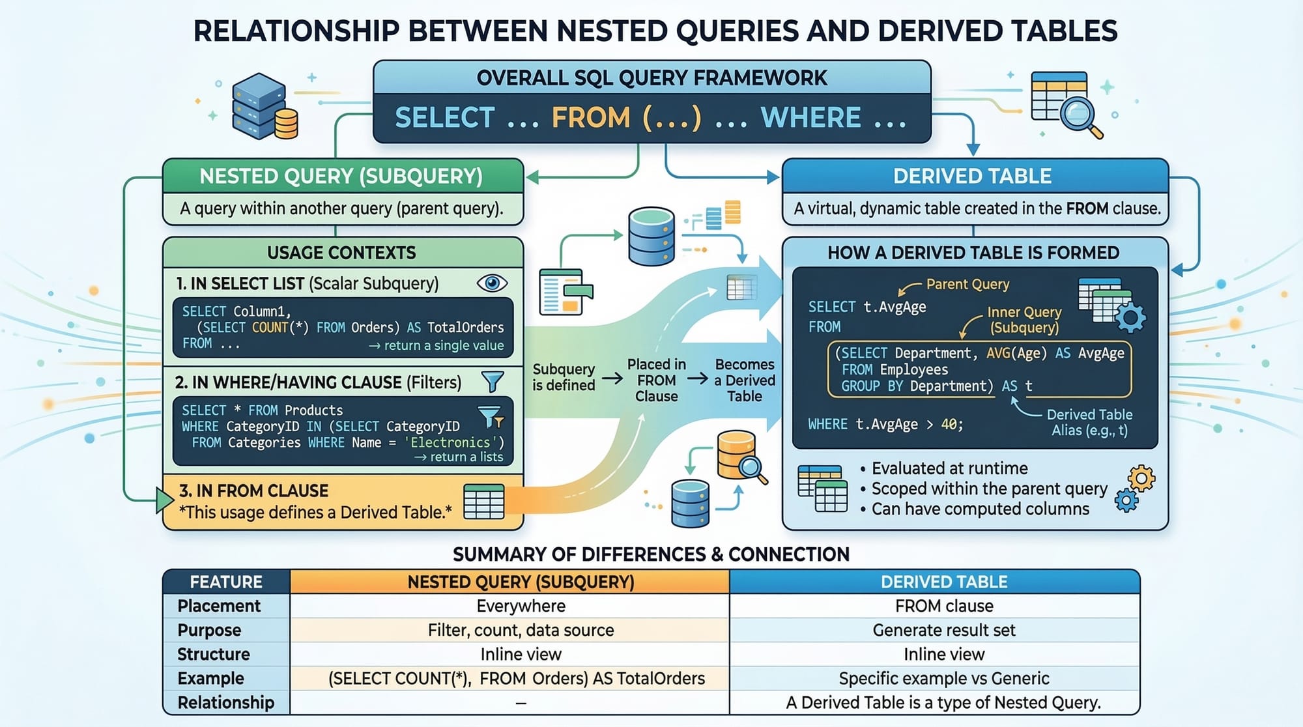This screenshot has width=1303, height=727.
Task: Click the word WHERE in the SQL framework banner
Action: (x=810, y=118)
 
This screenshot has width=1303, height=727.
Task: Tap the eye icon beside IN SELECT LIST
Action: (x=492, y=283)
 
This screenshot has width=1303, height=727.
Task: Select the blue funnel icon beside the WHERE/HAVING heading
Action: (x=493, y=381)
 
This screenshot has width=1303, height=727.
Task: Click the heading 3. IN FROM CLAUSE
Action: (x=253, y=491)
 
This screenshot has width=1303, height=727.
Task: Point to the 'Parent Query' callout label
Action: (x=967, y=284)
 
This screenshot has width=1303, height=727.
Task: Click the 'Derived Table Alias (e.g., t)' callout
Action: (x=1089, y=422)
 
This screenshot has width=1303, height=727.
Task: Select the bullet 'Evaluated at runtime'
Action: (x=949, y=468)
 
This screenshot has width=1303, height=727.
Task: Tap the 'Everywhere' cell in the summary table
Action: (x=521, y=606)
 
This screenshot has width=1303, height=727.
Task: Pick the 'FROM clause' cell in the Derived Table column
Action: (x=944, y=606)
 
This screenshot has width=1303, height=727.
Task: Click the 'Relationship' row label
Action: (x=225, y=702)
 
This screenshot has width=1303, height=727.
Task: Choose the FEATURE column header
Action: (x=225, y=582)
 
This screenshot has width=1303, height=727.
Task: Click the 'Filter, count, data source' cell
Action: (x=521, y=630)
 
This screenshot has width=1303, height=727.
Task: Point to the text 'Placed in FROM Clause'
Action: (x=656, y=380)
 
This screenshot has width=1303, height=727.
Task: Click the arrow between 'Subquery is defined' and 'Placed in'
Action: (x=612, y=378)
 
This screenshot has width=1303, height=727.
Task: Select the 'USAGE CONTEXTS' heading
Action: (x=341, y=253)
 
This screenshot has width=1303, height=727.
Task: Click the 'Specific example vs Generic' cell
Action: (x=944, y=678)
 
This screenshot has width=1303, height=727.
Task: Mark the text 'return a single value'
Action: (x=444, y=345)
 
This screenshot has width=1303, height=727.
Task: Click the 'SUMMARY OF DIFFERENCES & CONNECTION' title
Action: (x=651, y=554)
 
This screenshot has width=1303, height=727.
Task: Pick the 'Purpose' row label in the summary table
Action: (x=209, y=630)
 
